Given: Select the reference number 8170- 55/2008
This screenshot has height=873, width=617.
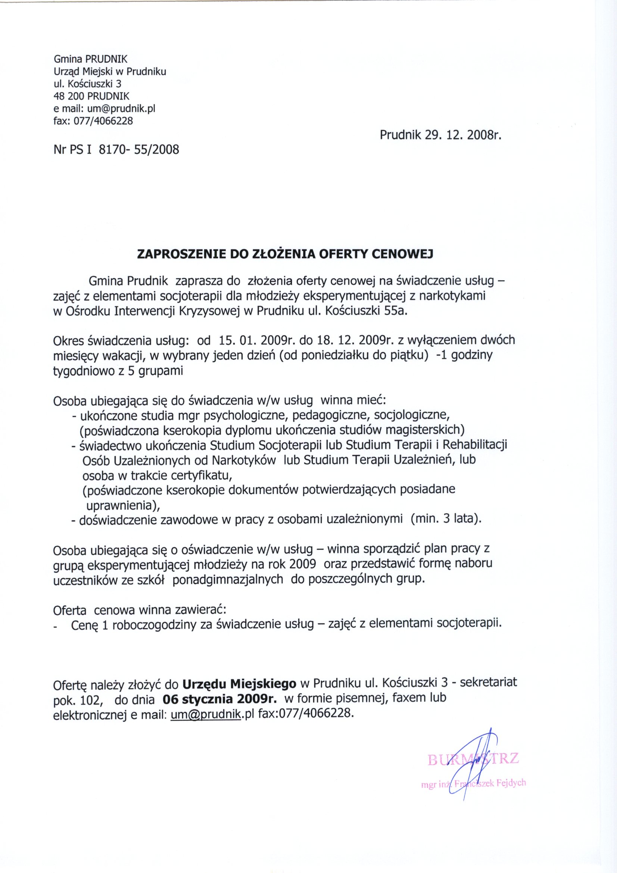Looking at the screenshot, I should click(138, 149).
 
